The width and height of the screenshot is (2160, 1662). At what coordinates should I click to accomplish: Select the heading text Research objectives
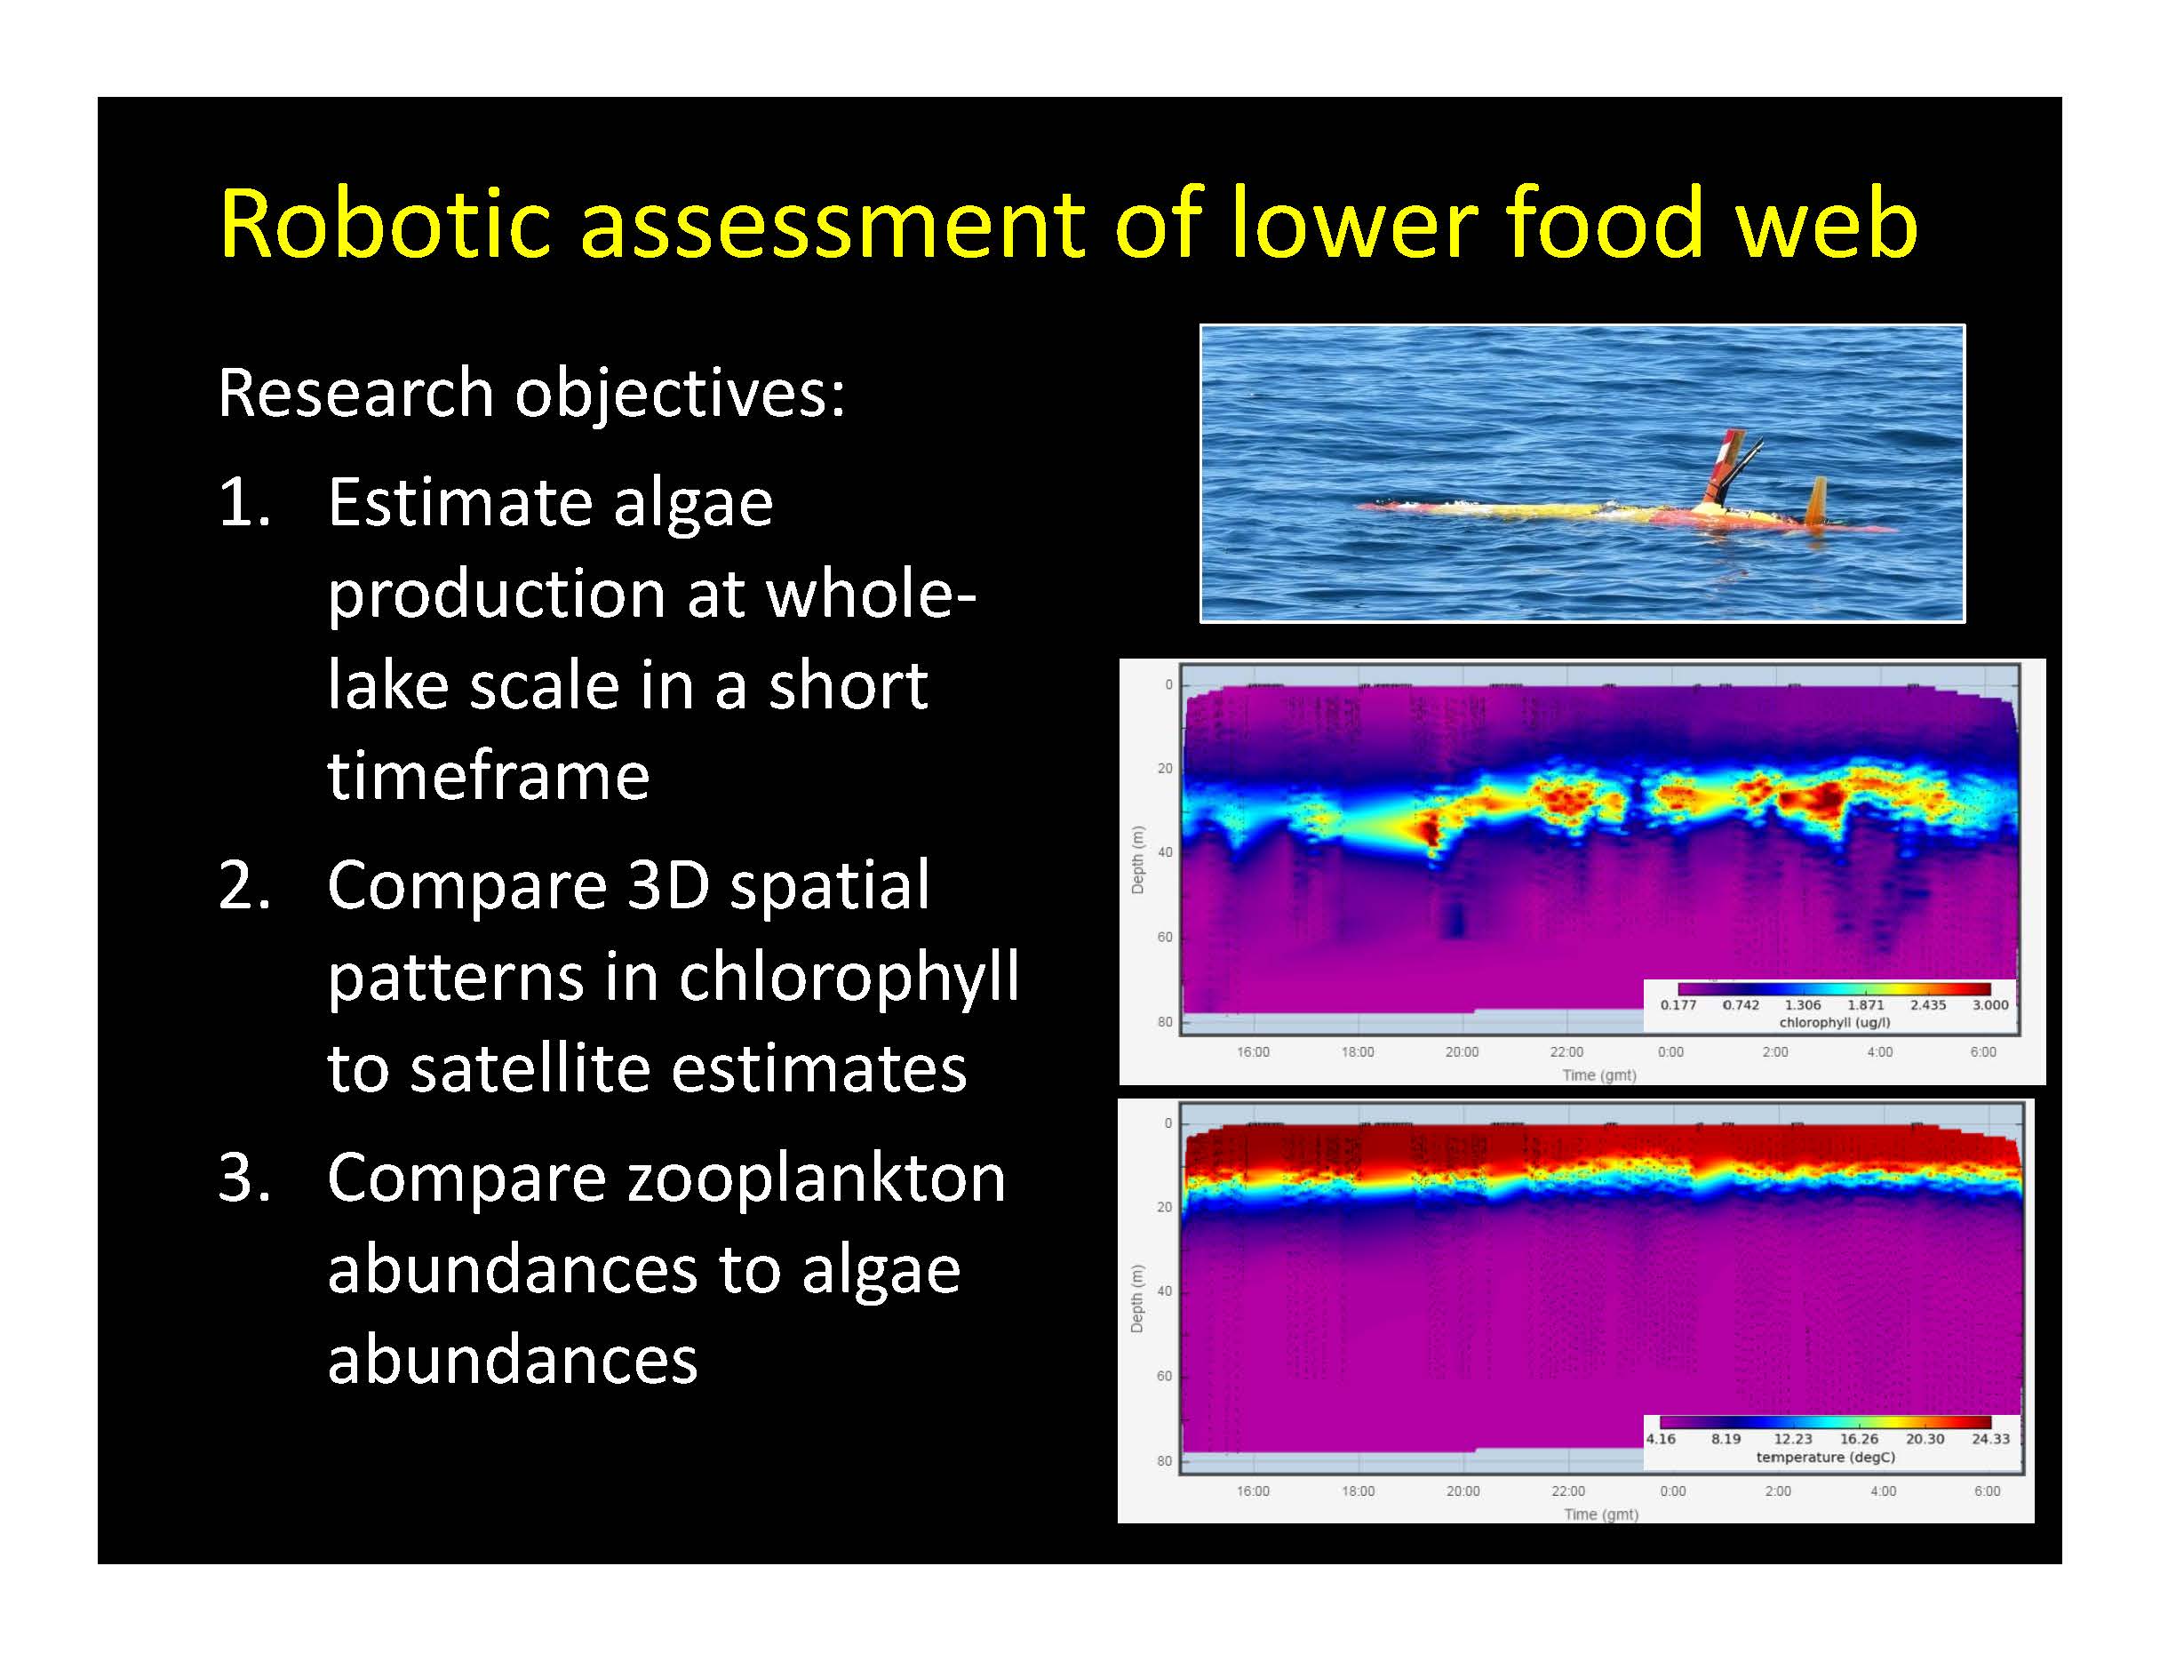pyautogui.click(x=531, y=395)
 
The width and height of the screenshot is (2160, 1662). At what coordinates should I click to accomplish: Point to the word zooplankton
pyautogui.click(x=666, y=1179)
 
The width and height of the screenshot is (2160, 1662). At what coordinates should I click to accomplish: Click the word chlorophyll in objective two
pyautogui.click(x=849, y=978)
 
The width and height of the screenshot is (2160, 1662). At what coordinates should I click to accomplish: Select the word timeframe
pyautogui.click(x=489, y=776)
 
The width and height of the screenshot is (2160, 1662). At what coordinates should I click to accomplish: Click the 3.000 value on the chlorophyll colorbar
pyautogui.click(x=1990, y=1005)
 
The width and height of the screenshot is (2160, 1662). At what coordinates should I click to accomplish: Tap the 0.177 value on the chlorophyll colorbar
pyautogui.click(x=1678, y=1005)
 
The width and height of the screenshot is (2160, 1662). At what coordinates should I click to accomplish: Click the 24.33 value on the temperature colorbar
pyautogui.click(x=1990, y=1440)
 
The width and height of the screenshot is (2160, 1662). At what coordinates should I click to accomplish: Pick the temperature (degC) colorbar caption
pyautogui.click(x=1826, y=1458)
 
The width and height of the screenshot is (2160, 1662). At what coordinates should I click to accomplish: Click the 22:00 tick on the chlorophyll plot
pyautogui.click(x=1566, y=1051)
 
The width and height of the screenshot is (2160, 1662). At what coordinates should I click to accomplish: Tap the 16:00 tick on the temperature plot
pyautogui.click(x=1253, y=1490)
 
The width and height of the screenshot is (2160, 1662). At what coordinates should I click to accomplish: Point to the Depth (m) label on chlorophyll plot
pyautogui.click(x=1137, y=859)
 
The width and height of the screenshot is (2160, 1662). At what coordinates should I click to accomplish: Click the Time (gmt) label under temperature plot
pyautogui.click(x=1601, y=1514)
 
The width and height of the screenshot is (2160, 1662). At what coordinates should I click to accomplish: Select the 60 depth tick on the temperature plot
pyautogui.click(x=1164, y=1376)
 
